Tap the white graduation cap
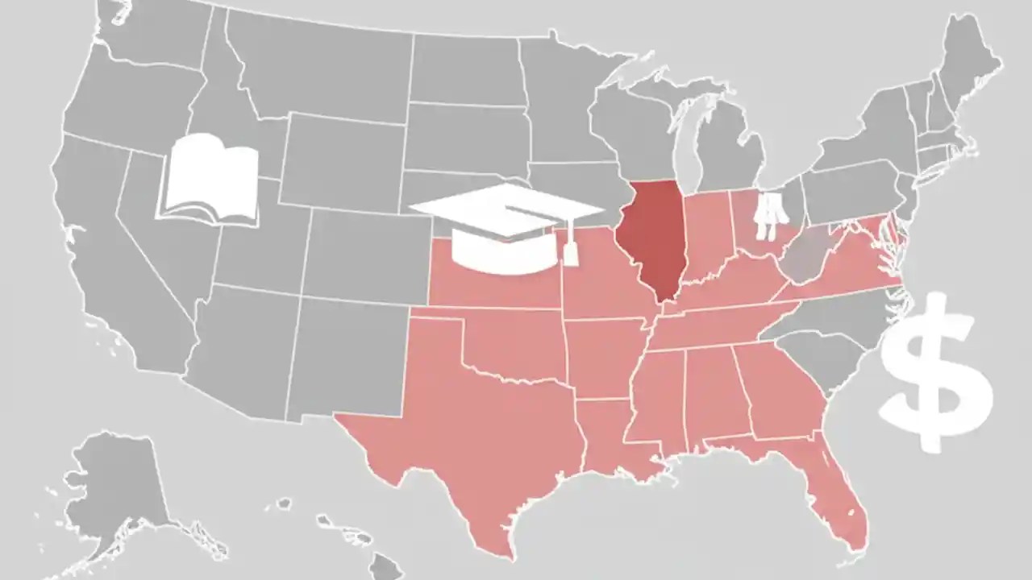504,226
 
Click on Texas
476,419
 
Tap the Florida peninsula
838,499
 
